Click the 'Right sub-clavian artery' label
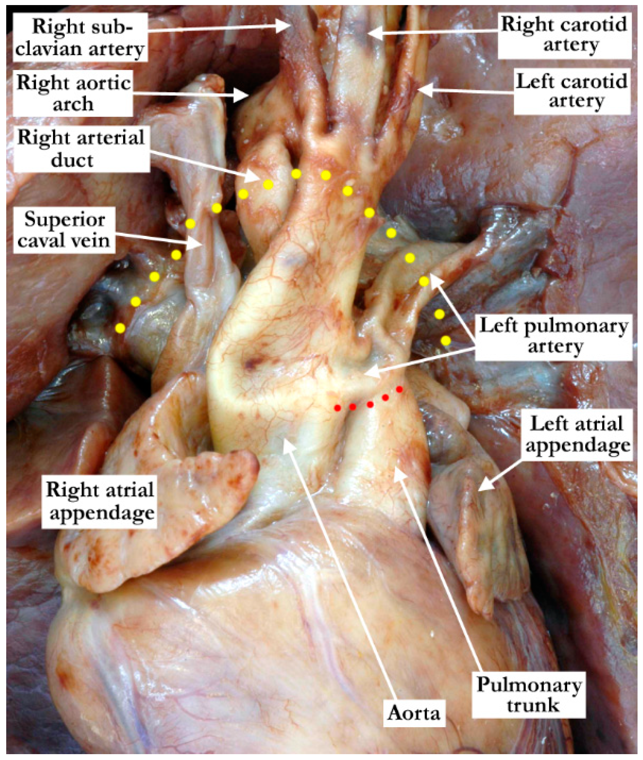[x=80, y=37]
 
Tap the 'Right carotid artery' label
[x=564, y=35]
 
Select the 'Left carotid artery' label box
[x=572, y=92]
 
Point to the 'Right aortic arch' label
[x=73, y=93]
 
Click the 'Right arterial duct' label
[x=81, y=148]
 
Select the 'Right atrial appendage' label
[x=100, y=501]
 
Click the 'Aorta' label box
[x=414, y=713]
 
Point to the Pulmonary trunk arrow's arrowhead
[x=396, y=469]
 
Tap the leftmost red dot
[x=338, y=408]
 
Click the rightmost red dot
[x=399, y=389]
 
